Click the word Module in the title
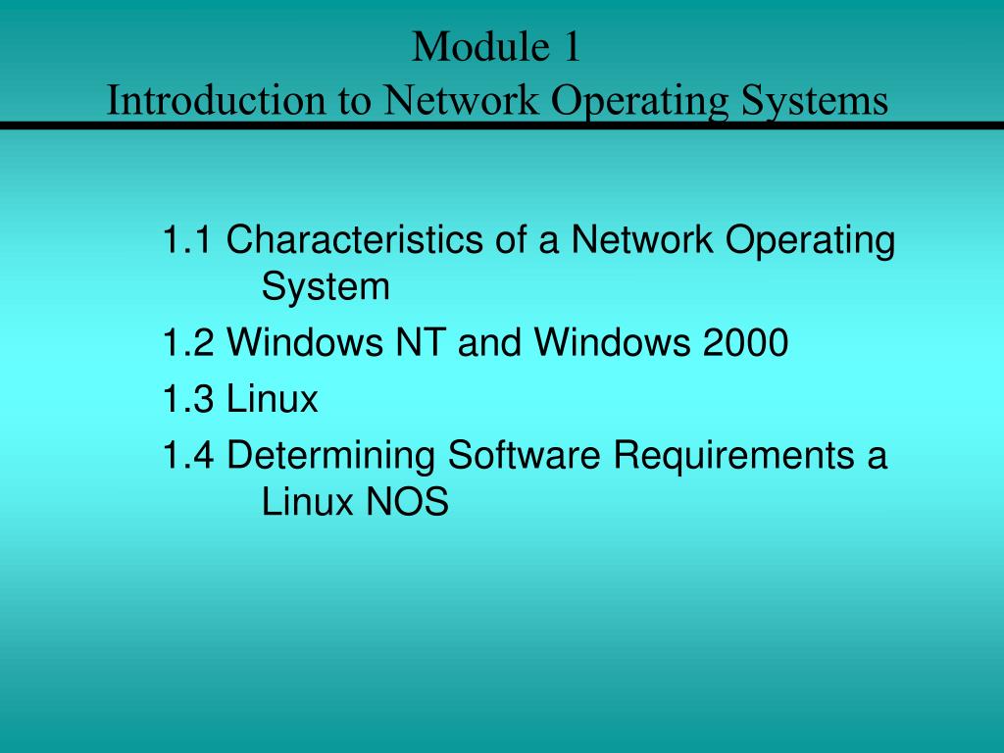[468, 47]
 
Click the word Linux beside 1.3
[273, 399]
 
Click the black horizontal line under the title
[502, 125]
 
